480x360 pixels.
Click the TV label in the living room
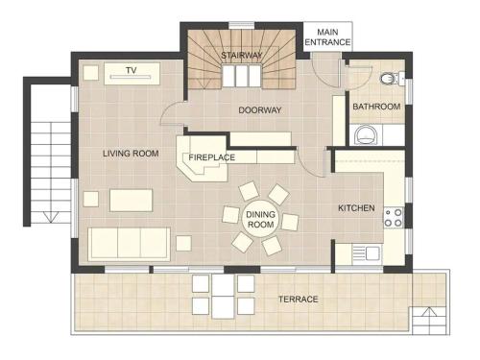coord(132,70)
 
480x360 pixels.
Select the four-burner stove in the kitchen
coord(394,218)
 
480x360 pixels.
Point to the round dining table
coord(261,219)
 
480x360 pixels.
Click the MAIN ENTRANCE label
coord(327,37)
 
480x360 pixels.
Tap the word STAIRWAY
coord(242,56)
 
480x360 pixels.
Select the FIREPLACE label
coord(212,157)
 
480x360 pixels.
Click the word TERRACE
coord(299,300)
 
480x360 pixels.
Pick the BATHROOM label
coord(376,107)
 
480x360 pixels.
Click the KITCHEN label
coord(356,208)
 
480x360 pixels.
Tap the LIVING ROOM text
coord(131,154)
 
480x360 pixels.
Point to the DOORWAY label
coord(260,110)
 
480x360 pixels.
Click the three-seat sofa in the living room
coord(129,244)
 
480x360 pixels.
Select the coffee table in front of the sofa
coord(132,201)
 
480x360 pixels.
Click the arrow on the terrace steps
coord(428,312)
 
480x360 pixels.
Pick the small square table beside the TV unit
coord(91,73)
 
